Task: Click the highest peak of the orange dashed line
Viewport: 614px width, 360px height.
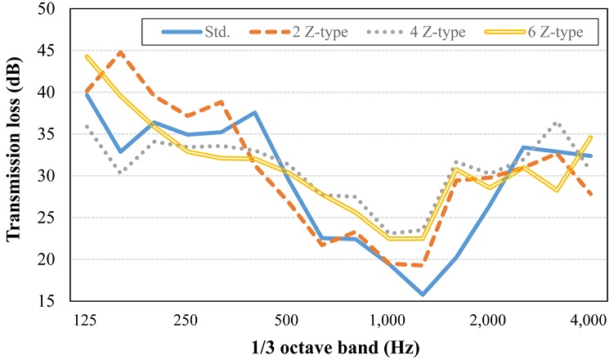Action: click(120, 52)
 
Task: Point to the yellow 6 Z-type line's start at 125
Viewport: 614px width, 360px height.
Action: click(86, 56)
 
